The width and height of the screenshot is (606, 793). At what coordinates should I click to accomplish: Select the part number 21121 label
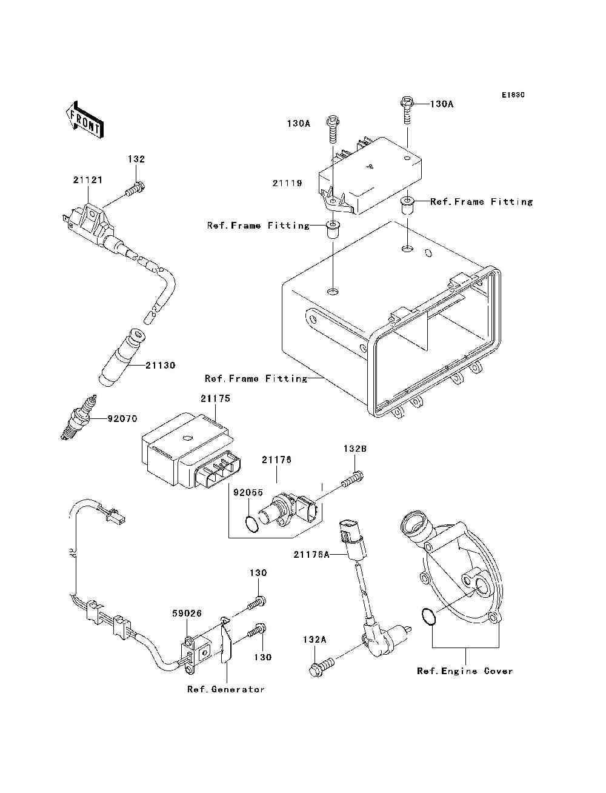88,180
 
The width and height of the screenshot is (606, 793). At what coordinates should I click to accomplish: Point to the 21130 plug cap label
160,366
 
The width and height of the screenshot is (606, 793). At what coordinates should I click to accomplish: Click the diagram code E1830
513,95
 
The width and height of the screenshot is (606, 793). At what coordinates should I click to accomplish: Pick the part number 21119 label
287,183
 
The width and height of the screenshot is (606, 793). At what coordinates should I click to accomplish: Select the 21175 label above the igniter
216,399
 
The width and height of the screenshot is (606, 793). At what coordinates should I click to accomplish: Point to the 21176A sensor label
311,554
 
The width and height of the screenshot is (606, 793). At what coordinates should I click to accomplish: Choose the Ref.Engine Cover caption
465,671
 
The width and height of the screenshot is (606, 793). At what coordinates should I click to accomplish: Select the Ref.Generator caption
226,689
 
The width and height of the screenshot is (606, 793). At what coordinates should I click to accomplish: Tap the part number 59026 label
187,614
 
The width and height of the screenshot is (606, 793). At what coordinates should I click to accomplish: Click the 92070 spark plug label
122,418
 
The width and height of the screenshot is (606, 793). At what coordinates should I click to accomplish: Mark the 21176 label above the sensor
276,460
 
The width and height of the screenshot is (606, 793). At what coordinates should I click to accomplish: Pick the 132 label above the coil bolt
136,159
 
